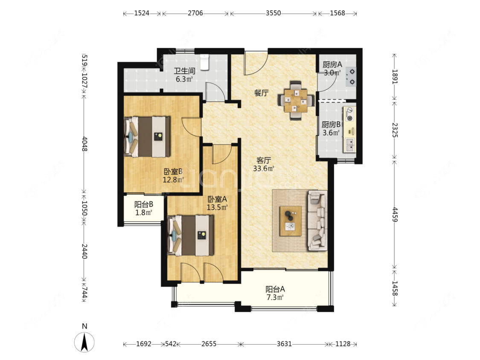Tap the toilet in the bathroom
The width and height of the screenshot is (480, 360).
[204, 62]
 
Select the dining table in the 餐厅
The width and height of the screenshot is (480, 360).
[296, 100]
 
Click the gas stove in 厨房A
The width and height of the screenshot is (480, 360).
[352, 76]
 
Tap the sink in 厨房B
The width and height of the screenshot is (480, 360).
[349, 144]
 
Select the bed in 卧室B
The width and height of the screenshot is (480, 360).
[147, 136]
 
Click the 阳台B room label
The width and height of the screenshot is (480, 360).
[143, 204]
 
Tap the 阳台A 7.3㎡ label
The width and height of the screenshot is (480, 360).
[275, 293]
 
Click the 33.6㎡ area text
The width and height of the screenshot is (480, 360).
[263, 168]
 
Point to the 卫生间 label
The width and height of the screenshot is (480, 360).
[185, 71]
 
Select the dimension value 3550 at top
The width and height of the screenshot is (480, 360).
[273, 13]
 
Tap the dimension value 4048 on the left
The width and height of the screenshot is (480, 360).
[85, 144]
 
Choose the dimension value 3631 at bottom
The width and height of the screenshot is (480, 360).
[284, 344]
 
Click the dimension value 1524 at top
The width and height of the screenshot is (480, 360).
[142, 13]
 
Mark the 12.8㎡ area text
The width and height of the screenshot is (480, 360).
[173, 180]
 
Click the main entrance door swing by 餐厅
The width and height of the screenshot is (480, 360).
[256, 63]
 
